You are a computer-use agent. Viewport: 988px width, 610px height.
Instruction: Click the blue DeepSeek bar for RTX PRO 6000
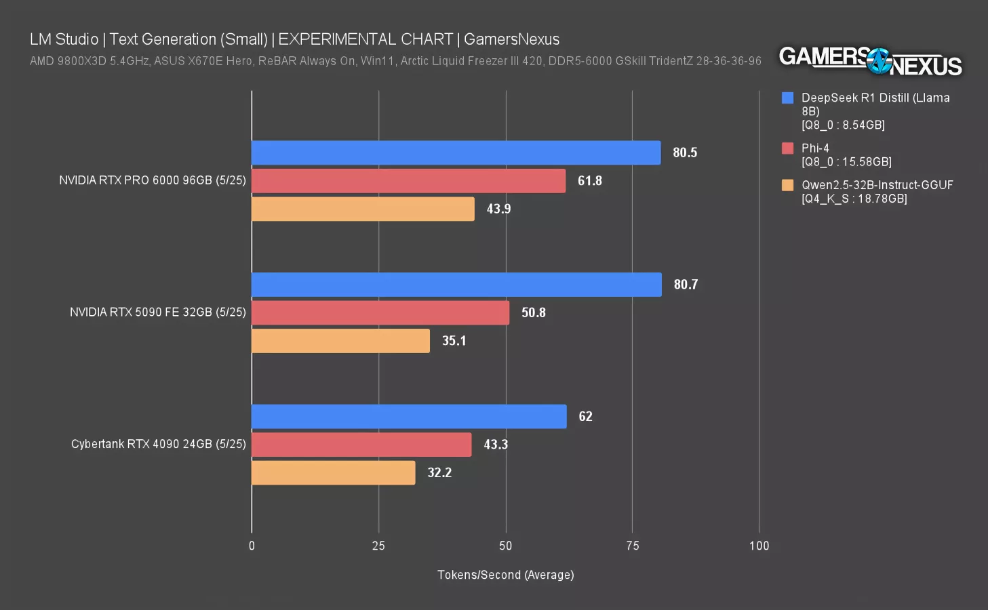[456, 152]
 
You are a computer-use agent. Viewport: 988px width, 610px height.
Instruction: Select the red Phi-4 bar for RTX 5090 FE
[380, 312]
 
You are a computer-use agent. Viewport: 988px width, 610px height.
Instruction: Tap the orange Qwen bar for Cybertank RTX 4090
[333, 472]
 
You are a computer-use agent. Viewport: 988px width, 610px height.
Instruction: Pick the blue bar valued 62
[409, 416]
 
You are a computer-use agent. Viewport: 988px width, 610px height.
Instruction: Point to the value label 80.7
[686, 285]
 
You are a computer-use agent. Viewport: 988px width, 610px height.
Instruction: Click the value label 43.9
[498, 209]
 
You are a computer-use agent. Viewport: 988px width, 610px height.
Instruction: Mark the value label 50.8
[534, 312]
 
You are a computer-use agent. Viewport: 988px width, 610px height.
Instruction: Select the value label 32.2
[439, 472]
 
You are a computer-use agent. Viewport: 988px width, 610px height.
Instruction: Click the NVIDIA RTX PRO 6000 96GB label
[153, 180]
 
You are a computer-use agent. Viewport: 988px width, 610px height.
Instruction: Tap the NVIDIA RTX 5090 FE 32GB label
[158, 312]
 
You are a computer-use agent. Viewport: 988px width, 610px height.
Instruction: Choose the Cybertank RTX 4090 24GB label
[159, 444]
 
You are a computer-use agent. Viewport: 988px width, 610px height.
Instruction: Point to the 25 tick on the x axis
[378, 546]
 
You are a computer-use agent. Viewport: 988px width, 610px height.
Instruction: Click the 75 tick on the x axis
[632, 546]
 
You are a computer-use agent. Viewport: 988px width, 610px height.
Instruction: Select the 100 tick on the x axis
[759, 546]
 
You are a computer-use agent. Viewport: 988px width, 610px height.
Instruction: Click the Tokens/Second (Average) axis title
[505, 575]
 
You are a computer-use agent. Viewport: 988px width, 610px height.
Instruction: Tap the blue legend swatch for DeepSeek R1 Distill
[787, 98]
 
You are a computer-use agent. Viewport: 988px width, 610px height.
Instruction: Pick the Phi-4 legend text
[815, 148]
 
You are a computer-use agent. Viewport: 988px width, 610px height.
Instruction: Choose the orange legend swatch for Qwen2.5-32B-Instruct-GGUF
[787, 185]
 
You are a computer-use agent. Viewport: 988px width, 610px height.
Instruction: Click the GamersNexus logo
[870, 61]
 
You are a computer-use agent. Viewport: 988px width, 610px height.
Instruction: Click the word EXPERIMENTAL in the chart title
[365, 39]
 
